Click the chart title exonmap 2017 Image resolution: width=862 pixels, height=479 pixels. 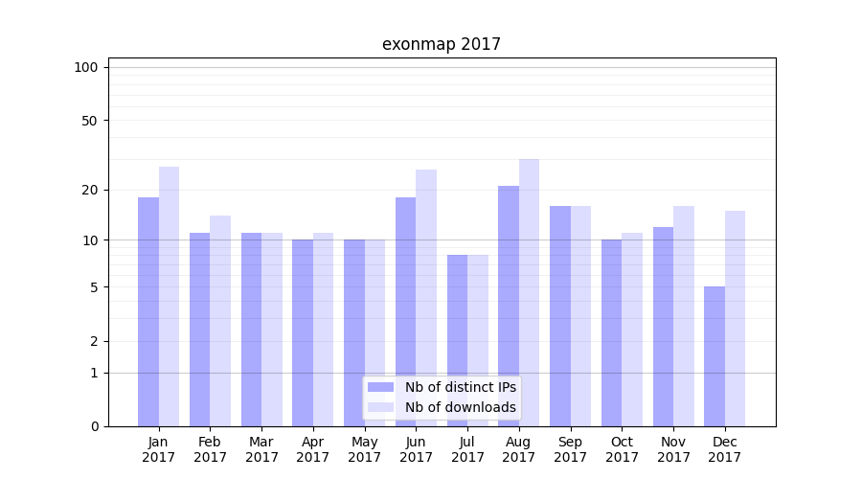pyautogui.click(x=441, y=44)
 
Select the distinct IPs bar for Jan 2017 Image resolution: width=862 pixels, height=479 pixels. pyautogui.click(x=148, y=311)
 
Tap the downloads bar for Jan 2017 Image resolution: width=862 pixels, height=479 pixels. pyautogui.click(x=169, y=296)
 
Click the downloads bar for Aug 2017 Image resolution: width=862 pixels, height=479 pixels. pyautogui.click(x=529, y=292)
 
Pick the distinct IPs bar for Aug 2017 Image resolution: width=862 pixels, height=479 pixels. pyautogui.click(x=509, y=306)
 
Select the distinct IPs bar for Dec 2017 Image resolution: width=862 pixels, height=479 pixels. pyautogui.click(x=715, y=356)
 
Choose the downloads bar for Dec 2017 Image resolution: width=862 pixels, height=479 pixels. pyautogui.click(x=735, y=318)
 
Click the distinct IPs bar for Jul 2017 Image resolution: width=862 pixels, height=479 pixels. pyautogui.click(x=457, y=340)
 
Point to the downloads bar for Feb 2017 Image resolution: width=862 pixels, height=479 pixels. pyautogui.click(x=220, y=321)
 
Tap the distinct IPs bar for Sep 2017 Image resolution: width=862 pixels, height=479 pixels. pyautogui.click(x=560, y=316)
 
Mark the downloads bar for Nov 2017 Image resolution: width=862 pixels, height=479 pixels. pyautogui.click(x=684, y=316)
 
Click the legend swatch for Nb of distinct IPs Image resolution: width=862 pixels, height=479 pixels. pyautogui.click(x=380, y=387)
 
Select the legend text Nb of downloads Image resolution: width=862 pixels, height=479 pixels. pyautogui.click(x=460, y=407)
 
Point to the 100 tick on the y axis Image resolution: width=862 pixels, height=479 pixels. pyautogui.click(x=86, y=67)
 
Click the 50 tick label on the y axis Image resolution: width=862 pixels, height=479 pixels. pyautogui.click(x=90, y=121)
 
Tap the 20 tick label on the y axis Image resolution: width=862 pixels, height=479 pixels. pyautogui.click(x=90, y=190)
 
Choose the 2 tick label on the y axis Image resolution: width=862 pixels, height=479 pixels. pyautogui.click(x=94, y=341)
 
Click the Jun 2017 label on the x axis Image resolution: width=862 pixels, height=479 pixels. pyautogui.click(x=416, y=449)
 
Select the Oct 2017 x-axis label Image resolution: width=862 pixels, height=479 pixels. pyautogui.click(x=622, y=449)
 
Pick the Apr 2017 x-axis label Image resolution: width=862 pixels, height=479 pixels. pyautogui.click(x=313, y=449)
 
